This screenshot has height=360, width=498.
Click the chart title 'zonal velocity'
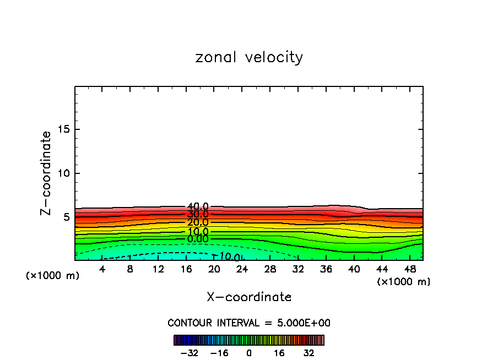coord(249,57)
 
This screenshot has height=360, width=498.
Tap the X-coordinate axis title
coord(249,297)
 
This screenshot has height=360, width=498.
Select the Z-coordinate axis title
coord(46,173)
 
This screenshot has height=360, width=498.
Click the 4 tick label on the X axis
coord(102,269)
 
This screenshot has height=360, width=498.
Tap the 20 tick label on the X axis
coord(214,269)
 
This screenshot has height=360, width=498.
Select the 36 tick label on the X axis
coord(326,269)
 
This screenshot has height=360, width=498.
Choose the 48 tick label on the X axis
coord(409,269)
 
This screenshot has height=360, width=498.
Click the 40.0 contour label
coord(198,207)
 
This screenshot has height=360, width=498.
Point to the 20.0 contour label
coord(198,222)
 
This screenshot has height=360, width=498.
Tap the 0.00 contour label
coord(198,239)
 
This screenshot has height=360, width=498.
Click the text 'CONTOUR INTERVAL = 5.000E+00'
coord(249,323)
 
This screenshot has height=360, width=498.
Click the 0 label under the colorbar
coord(249,353)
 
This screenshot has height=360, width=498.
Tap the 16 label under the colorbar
coord(279,353)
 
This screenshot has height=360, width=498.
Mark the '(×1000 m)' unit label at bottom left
coord(53,276)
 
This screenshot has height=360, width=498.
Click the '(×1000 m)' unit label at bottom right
coord(404,282)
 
